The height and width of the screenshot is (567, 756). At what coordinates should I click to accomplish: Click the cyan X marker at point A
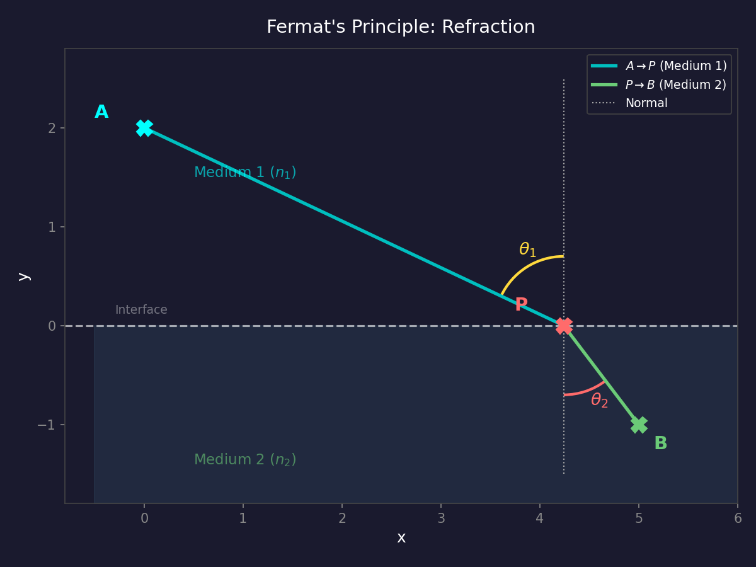(x=144, y=128)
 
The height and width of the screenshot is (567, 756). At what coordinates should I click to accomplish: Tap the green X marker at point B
(x=639, y=425)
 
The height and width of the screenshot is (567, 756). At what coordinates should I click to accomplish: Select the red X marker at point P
(x=564, y=326)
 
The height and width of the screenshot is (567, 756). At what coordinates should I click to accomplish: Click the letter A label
(x=101, y=112)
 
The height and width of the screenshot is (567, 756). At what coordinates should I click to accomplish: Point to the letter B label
(x=660, y=444)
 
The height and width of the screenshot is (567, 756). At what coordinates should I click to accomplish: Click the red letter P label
(x=521, y=305)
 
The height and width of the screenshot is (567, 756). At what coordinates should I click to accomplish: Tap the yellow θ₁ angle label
(x=527, y=250)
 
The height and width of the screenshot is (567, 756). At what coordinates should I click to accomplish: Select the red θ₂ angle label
(x=599, y=400)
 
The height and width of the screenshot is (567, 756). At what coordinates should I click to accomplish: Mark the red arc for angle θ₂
(x=586, y=391)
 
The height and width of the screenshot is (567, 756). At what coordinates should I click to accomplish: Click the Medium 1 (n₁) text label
(x=245, y=173)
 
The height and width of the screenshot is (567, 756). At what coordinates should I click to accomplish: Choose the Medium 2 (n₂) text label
(x=245, y=460)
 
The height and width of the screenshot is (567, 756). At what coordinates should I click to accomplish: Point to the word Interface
(x=141, y=310)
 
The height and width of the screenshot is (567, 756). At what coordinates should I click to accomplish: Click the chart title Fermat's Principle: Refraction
(x=401, y=27)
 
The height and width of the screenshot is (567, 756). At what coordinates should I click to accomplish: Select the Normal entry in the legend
(x=646, y=103)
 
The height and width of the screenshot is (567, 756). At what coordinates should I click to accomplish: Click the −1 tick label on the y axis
(x=47, y=425)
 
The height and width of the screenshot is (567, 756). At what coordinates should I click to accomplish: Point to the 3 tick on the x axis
(x=441, y=518)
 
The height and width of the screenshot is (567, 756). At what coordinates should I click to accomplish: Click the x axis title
(x=401, y=538)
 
